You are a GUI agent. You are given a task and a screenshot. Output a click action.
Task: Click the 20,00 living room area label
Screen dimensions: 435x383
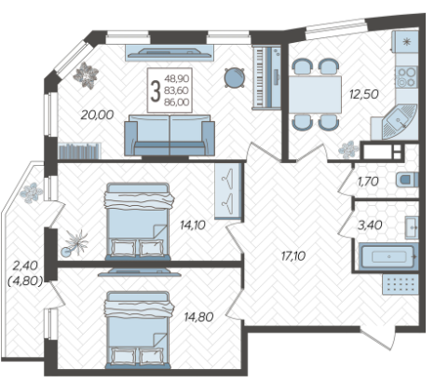pos(97,115)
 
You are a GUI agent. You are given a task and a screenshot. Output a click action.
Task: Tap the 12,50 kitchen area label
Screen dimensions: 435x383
pos(364,94)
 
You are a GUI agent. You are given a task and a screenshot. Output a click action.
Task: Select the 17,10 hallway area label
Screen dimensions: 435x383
pos(293,256)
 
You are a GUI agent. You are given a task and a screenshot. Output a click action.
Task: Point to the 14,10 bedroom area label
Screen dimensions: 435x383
pos(193,225)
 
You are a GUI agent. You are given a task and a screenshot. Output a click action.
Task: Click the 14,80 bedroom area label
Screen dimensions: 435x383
pos(198,317)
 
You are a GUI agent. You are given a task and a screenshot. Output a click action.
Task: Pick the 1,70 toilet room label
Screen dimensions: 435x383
pos(368,182)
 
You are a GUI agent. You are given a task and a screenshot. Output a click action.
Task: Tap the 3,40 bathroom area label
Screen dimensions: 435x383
pos(370,225)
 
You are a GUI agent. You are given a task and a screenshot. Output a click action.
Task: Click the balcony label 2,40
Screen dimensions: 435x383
pos(25,266)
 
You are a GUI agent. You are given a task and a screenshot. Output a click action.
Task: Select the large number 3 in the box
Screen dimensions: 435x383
pos(156,90)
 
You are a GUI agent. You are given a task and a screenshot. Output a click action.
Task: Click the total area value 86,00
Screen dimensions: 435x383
pos(177,102)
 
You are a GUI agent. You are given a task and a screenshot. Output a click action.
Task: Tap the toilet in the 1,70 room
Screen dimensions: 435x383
pos(407,180)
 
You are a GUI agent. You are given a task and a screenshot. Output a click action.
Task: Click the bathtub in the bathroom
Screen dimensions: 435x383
pos(388,256)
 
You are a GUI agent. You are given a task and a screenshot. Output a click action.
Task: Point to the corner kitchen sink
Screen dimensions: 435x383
pos(398,122)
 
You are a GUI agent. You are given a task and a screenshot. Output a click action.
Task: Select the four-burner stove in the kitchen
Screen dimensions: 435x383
pos(407,77)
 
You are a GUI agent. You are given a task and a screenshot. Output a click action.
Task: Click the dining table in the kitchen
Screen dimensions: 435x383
pos(315,94)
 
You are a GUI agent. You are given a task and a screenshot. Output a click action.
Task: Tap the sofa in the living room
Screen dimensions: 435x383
pos(170,135)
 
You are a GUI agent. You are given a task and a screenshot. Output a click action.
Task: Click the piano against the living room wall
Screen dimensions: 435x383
pos(266,77)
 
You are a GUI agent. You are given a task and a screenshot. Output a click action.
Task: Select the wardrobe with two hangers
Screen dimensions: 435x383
pos(228,191)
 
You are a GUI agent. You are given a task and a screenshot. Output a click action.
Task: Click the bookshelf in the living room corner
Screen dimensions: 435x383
pos(79,151)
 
